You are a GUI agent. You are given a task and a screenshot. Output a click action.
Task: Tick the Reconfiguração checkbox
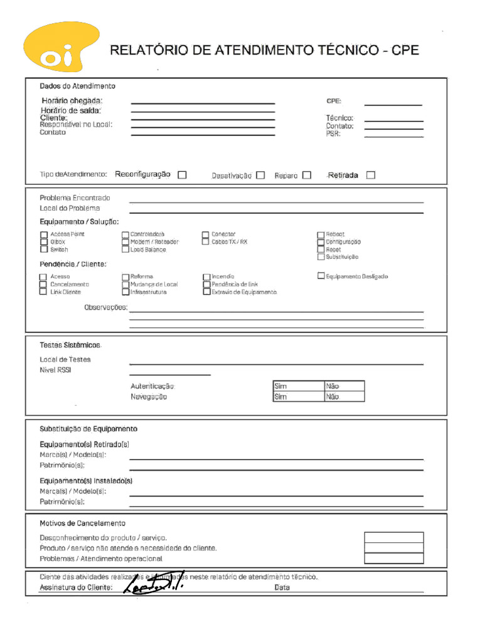click(182, 175)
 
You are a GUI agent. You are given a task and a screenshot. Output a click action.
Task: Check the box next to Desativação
click(260, 176)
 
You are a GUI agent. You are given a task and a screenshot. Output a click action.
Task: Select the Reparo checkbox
click(306, 176)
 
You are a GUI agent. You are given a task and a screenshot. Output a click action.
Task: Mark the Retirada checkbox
click(370, 175)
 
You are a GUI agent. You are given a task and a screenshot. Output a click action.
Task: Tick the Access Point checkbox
click(44, 234)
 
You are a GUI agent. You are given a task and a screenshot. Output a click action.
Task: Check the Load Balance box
click(126, 250)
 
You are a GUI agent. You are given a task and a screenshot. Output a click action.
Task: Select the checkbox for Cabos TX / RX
click(206, 242)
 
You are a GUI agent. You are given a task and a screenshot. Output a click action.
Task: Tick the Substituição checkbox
click(321, 257)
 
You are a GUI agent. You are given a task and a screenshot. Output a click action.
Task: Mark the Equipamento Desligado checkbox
click(321, 276)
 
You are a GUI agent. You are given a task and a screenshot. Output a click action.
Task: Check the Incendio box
click(206, 276)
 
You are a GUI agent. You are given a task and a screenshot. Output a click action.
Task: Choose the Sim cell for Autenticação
click(298, 386)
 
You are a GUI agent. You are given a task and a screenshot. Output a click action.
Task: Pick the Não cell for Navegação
click(344, 397)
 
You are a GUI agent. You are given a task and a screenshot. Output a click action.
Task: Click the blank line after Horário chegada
click(203, 103)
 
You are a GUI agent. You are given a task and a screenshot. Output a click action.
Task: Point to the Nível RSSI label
click(55, 371)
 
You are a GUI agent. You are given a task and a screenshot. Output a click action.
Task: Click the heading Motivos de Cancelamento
click(82, 524)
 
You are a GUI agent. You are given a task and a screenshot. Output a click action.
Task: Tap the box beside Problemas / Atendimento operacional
click(394, 558)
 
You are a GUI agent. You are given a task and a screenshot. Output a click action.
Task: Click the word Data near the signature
click(282, 588)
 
